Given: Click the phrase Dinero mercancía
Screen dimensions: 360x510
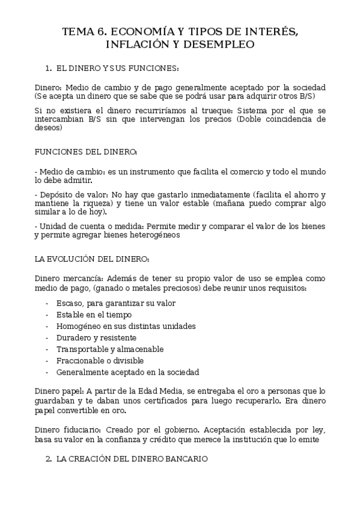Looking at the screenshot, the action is pos(68,279).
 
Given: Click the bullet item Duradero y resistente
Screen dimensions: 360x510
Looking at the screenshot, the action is pos(96,337).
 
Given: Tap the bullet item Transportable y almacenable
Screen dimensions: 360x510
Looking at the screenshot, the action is pos(109,349).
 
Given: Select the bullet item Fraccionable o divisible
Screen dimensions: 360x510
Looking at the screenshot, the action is pos(100,361).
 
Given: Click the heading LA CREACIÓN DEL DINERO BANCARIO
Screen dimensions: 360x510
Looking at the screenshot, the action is pos(132,458).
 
